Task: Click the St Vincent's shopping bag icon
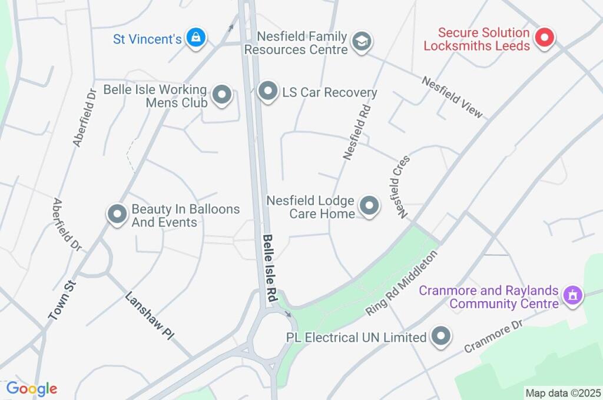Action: pyautogui.click(x=194, y=38)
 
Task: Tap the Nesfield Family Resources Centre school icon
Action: pyautogui.click(x=360, y=41)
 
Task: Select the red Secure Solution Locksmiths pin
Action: pyautogui.click(x=545, y=39)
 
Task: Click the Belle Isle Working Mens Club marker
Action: pyautogui.click(x=222, y=95)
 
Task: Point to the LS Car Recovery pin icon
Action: pyautogui.click(x=268, y=91)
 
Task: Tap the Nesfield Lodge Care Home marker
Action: pyautogui.click(x=369, y=206)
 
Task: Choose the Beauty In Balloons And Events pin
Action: pyautogui.click(x=117, y=215)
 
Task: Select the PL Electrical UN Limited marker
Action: pyautogui.click(x=441, y=336)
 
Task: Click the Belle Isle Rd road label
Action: pyautogui.click(x=270, y=269)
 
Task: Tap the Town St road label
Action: pyautogui.click(x=63, y=300)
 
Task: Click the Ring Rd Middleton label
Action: pyautogui.click(x=403, y=282)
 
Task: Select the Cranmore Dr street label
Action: pyautogui.click(x=493, y=336)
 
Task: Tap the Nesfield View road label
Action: pyautogui.click(x=452, y=96)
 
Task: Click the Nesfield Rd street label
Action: pyautogui.click(x=357, y=132)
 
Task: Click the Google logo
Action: pyautogui.click(x=31, y=389)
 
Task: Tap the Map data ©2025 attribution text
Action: pyautogui.click(x=564, y=393)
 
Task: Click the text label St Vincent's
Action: pyautogui.click(x=147, y=39)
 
